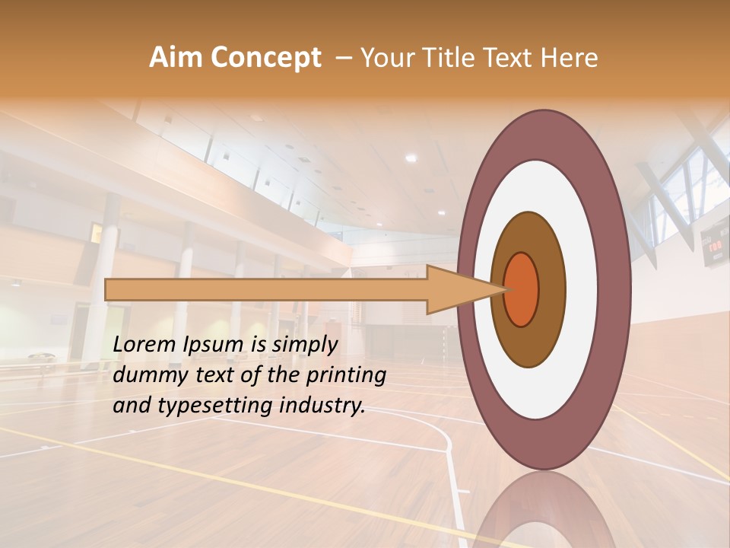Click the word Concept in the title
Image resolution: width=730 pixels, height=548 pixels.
[x=265, y=58]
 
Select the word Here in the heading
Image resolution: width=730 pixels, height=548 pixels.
[x=571, y=58]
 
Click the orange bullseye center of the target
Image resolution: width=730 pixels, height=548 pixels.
[x=521, y=289]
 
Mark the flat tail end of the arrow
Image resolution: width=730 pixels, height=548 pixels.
[x=107, y=289]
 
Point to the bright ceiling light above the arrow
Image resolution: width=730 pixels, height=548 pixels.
[x=411, y=158]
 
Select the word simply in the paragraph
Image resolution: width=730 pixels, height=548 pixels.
[x=304, y=345]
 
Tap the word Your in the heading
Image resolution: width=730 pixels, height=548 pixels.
[x=386, y=58]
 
